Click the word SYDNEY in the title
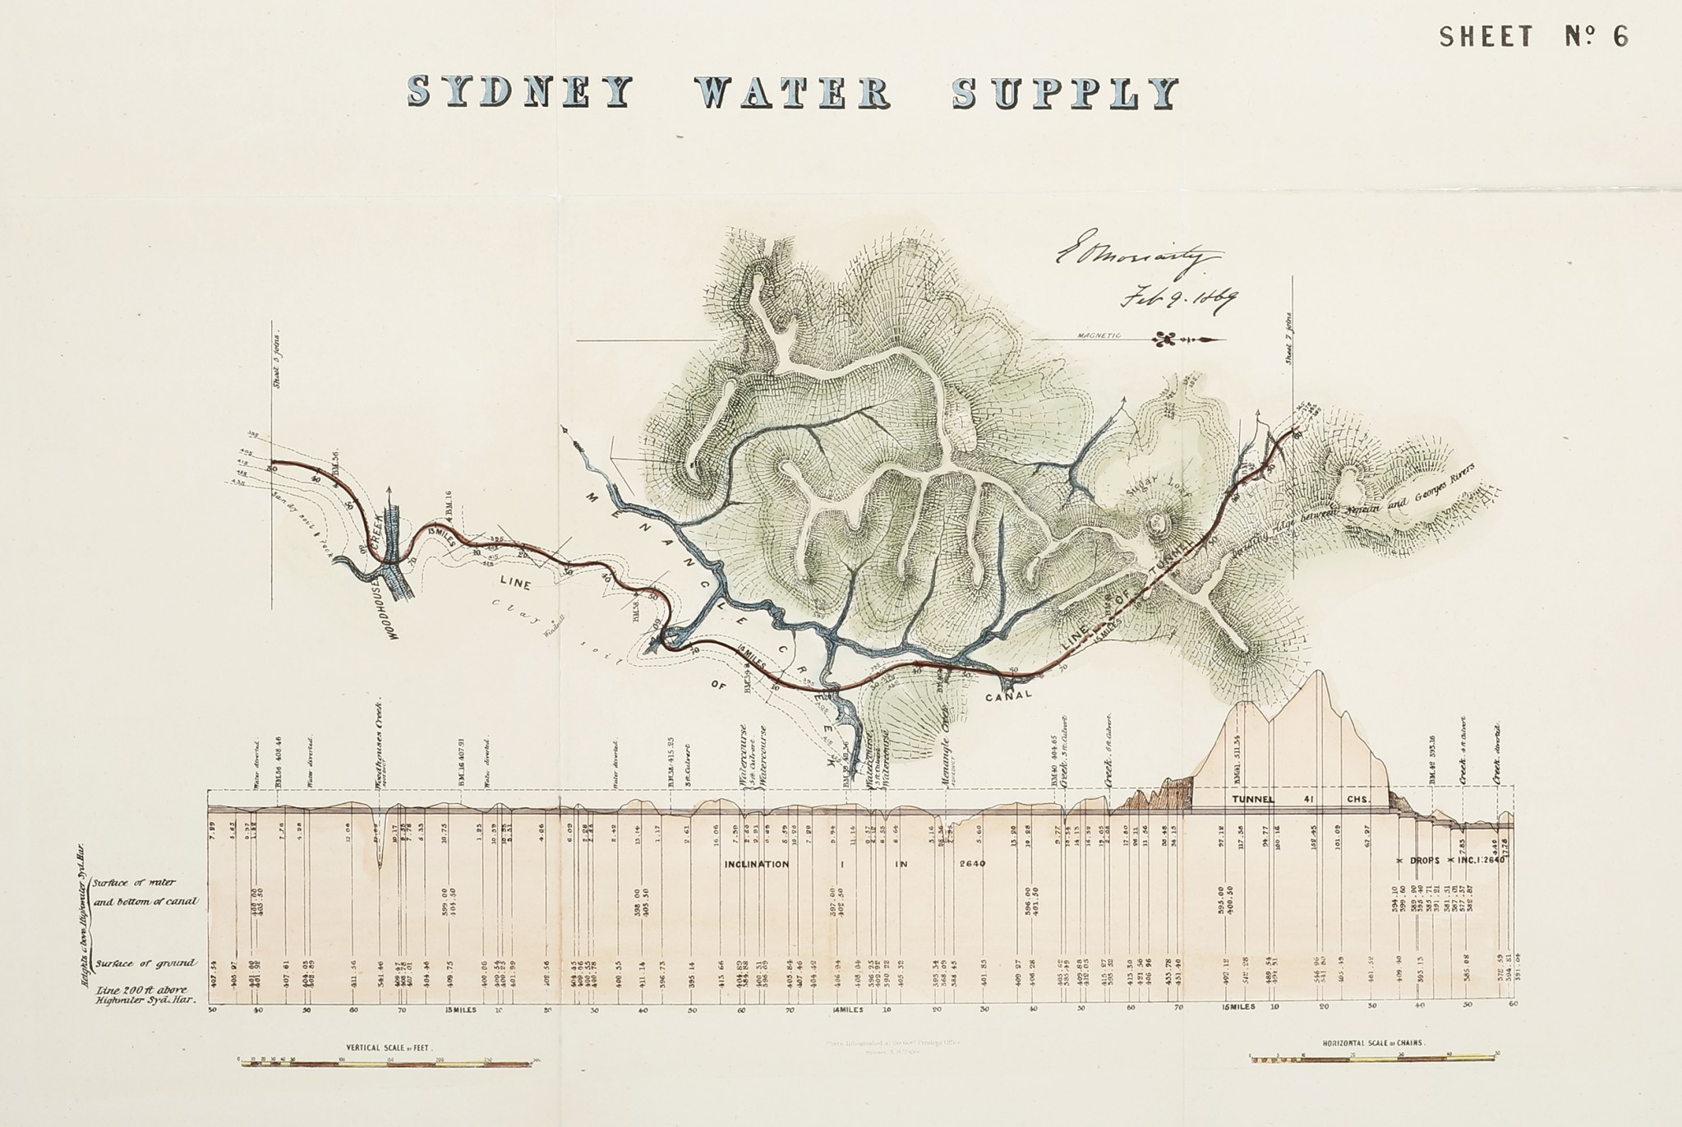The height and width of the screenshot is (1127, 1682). coord(519,93)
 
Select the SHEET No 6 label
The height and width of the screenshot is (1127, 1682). coord(1533,37)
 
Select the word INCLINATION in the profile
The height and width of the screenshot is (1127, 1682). coord(756,864)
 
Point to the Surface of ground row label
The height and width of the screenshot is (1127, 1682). coord(145,963)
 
